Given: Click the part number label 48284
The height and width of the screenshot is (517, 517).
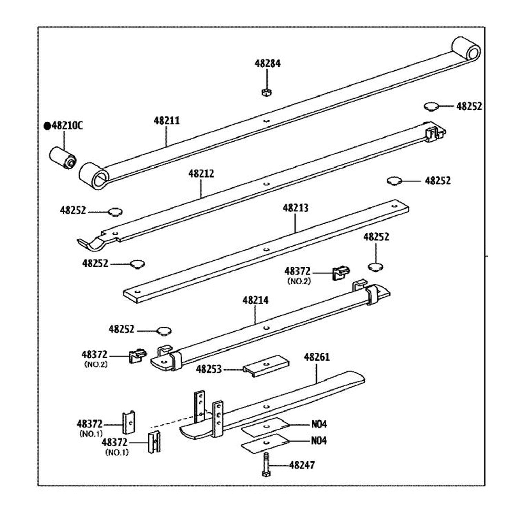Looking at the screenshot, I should [x=267, y=63].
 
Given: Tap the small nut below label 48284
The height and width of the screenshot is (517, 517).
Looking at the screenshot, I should [x=266, y=92].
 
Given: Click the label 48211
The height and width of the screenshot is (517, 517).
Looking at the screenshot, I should [x=166, y=121].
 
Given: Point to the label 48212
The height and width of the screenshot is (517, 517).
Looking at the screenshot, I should [x=201, y=173].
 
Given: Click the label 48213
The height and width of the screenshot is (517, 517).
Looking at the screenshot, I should [x=295, y=208].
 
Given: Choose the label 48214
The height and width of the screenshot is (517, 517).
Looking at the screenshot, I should [x=255, y=301].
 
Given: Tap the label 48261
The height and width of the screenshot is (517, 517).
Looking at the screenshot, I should [x=316, y=357].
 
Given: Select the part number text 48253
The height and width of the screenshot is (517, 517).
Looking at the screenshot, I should [x=209, y=369].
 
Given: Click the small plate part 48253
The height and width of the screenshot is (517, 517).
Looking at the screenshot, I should [x=266, y=366].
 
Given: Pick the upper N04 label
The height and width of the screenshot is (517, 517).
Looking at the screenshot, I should [x=319, y=424].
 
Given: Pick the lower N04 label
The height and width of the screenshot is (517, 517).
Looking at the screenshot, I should [x=319, y=441].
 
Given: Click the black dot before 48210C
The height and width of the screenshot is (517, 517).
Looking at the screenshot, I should [x=47, y=126].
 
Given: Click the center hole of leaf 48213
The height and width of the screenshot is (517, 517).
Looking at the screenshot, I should [x=266, y=249].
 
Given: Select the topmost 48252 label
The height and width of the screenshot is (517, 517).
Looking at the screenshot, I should [x=469, y=107].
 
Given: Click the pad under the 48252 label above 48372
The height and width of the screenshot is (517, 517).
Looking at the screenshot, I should [x=376, y=267].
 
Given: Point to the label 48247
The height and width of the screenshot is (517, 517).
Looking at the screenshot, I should [x=302, y=465].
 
